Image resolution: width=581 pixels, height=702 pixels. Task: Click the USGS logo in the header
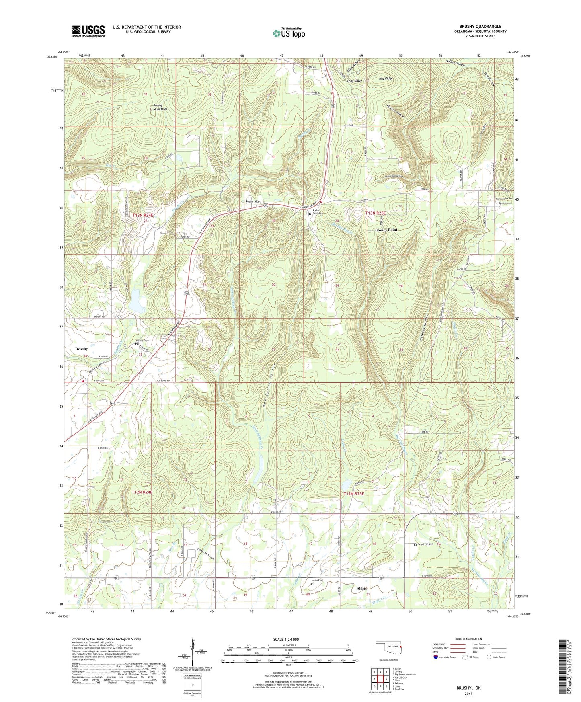pyautogui.click(x=88, y=31)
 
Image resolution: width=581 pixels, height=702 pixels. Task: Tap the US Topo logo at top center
pyautogui.click(x=288, y=33)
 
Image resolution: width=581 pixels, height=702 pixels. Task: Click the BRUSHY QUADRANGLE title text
pyautogui.click(x=480, y=27)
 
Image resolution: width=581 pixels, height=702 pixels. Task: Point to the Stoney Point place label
pyautogui.click(x=386, y=230)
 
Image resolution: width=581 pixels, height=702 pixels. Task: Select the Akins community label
pyautogui.click(x=361, y=588)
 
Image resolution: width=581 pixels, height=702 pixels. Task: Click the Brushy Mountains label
pyautogui.click(x=160, y=107)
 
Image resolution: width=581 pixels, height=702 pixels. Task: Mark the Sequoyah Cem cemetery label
pyautogui.click(x=425, y=544)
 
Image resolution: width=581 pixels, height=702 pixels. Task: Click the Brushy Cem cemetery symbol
pyautogui.click(x=136, y=344)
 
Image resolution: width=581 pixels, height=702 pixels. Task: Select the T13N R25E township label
pyautogui.click(x=375, y=213)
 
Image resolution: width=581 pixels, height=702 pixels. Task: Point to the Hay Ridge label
pyautogui.click(x=386, y=78)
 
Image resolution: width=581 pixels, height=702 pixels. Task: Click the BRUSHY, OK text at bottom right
pyautogui.click(x=468, y=688)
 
